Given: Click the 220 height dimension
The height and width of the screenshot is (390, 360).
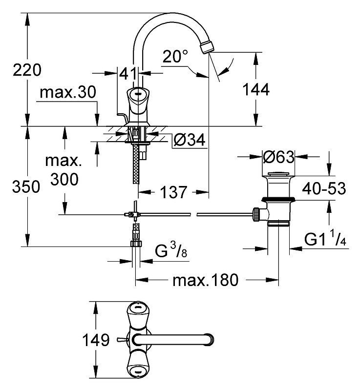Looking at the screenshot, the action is click(27, 70).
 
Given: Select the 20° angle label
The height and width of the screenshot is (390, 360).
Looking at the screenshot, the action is click(175, 56).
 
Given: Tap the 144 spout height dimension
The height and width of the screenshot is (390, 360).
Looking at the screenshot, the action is click(256, 89).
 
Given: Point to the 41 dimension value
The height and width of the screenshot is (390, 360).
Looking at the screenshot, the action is click(128, 73).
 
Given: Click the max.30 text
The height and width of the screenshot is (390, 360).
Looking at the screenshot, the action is click(68, 92).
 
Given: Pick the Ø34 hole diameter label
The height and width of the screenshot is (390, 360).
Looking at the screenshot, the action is click(190, 140).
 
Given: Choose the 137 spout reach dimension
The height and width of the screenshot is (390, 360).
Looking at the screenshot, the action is click(173, 192).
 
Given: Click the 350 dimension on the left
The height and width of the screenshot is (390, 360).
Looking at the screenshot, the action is click(26, 186).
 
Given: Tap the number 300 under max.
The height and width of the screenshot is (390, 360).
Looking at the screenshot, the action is click(64, 179).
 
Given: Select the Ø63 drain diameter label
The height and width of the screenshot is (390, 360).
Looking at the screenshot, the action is click(278, 157).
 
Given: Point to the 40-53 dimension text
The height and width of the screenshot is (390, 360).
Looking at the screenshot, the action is click(324, 188).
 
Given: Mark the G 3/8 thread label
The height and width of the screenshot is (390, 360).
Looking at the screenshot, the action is click(171, 250).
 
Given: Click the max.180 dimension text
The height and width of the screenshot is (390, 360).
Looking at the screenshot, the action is click(205, 280).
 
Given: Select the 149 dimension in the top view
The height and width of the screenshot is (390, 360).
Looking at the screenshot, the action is click(96, 340).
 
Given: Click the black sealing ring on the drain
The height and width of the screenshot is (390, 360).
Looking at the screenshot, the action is click(278, 199).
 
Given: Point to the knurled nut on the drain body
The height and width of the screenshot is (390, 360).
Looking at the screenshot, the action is click(256, 214).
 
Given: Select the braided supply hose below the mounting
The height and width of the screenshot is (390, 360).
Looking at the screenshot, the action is click(136, 164).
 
